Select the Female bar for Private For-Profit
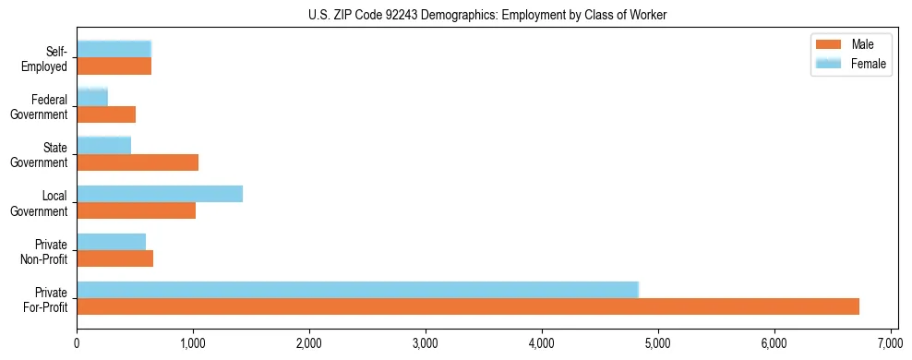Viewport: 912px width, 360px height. pyautogui.click(x=357, y=290)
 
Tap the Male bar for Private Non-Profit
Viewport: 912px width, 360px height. pyautogui.click(x=114, y=258)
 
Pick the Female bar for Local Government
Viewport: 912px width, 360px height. pyautogui.click(x=160, y=194)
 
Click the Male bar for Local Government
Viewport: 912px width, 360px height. pyautogui.click(x=136, y=210)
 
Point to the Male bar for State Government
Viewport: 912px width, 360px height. pyautogui.click(x=138, y=162)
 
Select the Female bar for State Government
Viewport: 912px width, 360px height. pyautogui.click(x=103, y=145)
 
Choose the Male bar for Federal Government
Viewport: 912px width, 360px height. pyautogui.click(x=106, y=114)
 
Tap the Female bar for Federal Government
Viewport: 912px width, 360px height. pyautogui.click(x=92, y=97)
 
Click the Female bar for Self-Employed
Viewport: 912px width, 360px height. pyautogui.click(x=114, y=49)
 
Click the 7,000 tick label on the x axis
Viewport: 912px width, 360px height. pyautogui.click(x=890, y=343)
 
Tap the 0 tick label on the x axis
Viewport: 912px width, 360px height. pyautogui.click(x=77, y=343)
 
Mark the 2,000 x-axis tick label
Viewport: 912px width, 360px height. pyautogui.click(x=309, y=343)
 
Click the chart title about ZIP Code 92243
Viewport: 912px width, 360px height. pyautogui.click(x=455, y=15)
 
